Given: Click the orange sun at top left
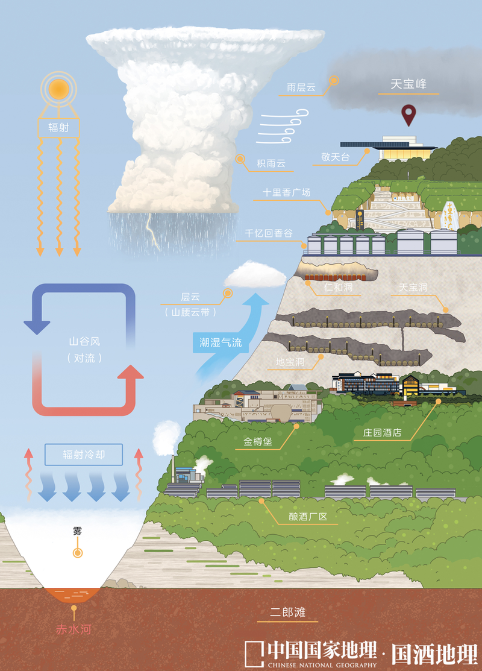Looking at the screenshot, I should (58, 90).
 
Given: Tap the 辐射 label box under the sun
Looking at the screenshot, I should (58, 128).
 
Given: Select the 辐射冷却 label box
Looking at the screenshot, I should (84, 455).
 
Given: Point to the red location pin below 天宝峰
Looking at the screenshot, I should (410, 115).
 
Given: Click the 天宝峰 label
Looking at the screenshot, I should (408, 84).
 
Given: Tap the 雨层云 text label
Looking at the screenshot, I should (301, 87).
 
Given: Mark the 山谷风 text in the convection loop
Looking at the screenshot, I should (84, 341).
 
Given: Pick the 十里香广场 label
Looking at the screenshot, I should (286, 193).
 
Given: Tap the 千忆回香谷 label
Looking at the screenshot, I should (269, 233).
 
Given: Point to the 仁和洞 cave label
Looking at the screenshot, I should (337, 288).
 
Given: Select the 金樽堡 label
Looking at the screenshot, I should (258, 442).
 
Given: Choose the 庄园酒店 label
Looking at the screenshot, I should (382, 433).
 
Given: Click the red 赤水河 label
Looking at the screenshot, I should (73, 630).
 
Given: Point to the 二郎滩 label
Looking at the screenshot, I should (289, 613).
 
